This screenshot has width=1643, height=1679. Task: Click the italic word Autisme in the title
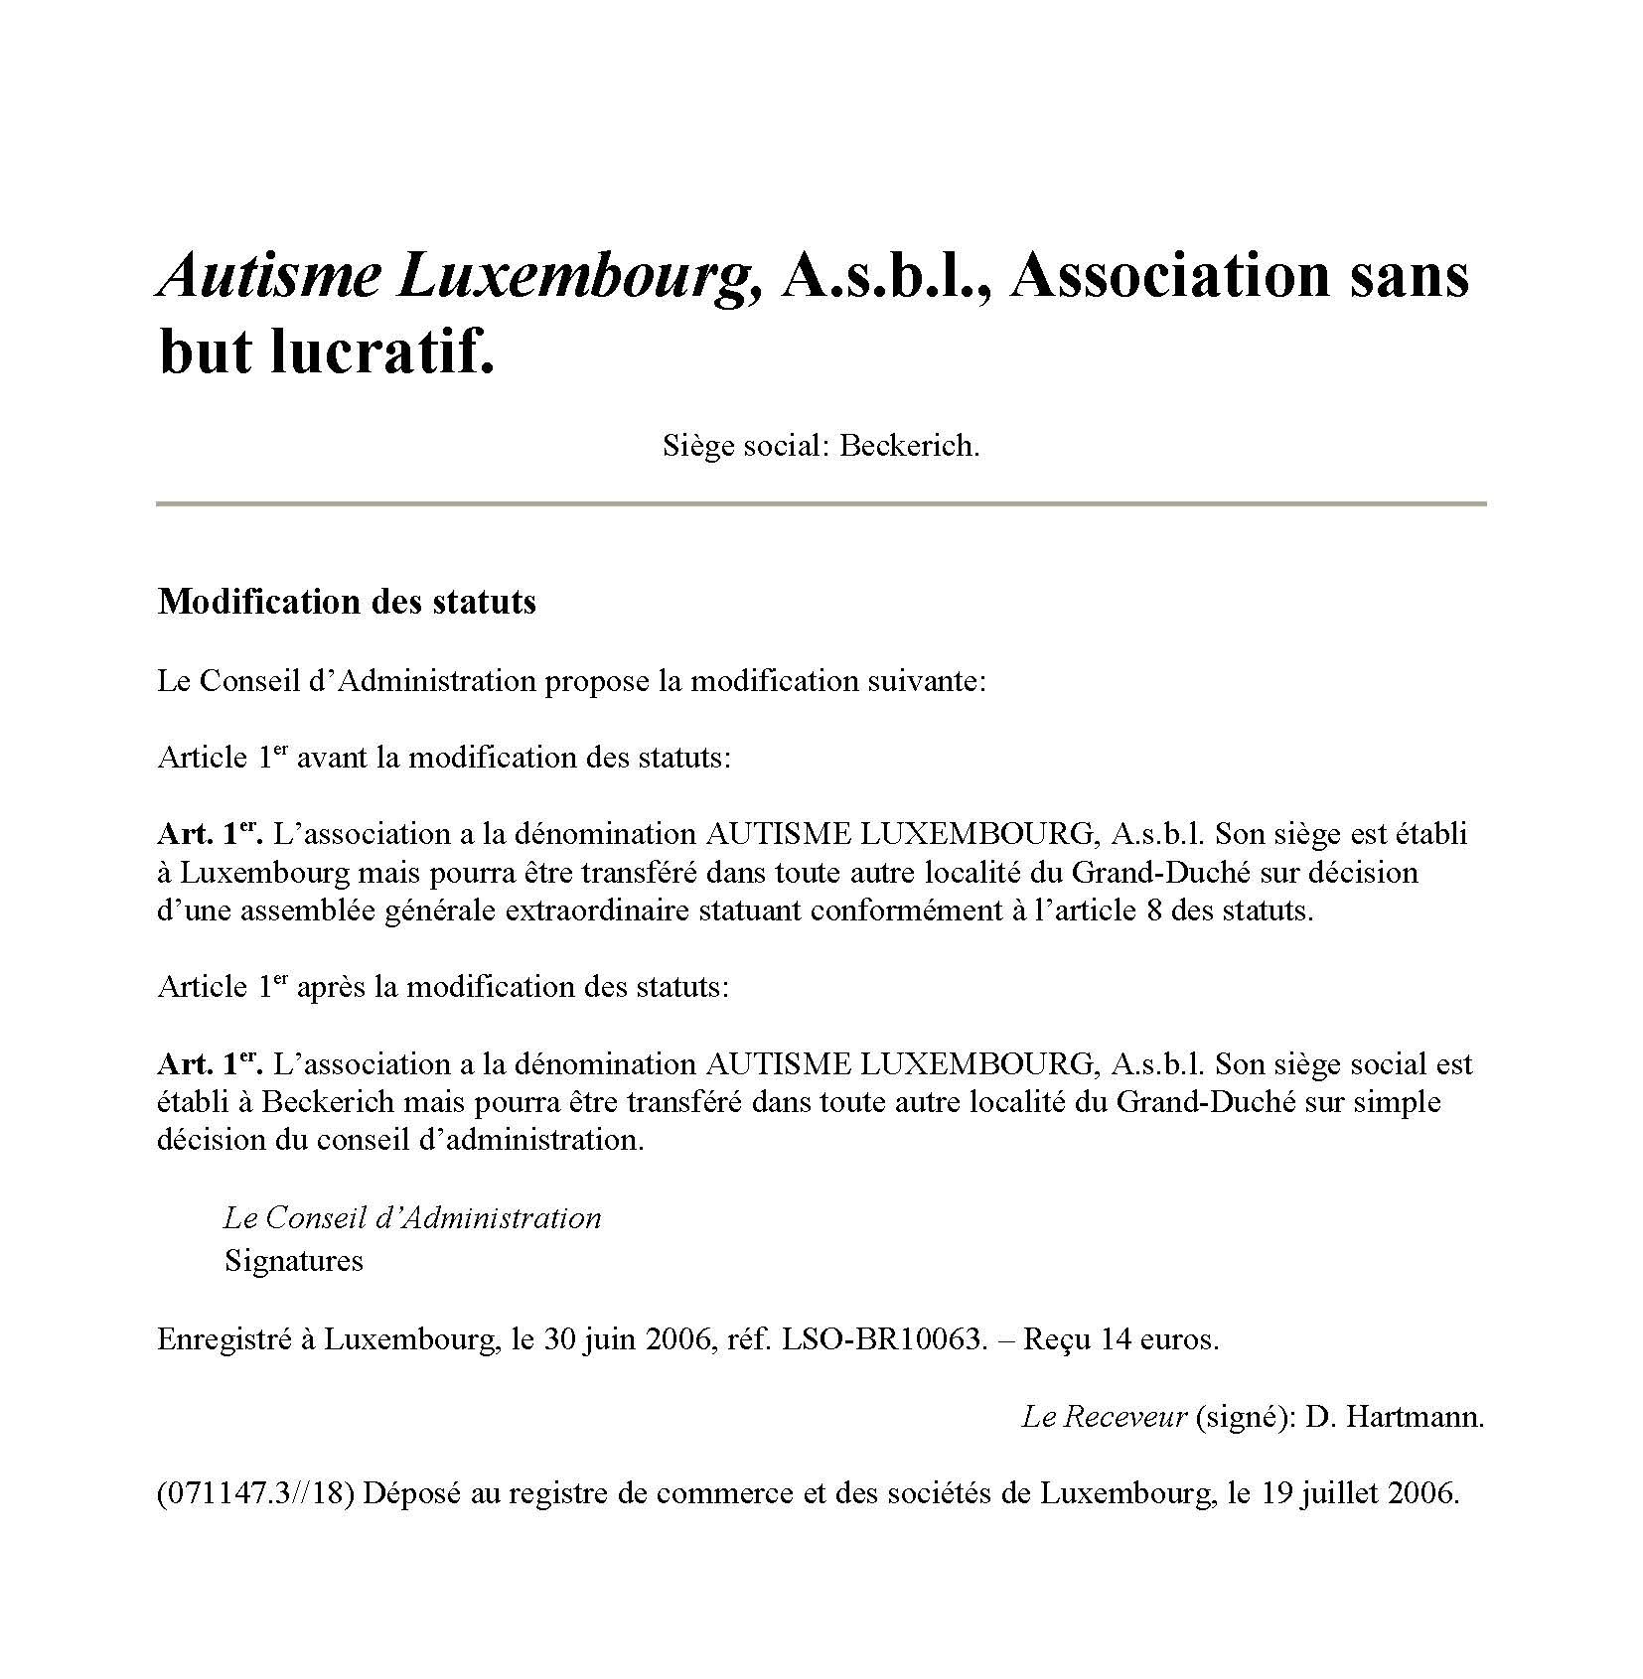point(268,275)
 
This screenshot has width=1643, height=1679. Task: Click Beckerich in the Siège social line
point(909,446)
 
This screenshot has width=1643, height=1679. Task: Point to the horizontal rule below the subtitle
point(821,504)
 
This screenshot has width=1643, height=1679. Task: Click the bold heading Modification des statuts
point(347,602)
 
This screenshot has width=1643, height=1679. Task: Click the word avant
point(333,759)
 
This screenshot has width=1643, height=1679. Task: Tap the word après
point(332,987)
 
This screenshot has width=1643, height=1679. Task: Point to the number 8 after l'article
point(1153,910)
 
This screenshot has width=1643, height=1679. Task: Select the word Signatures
point(294,1261)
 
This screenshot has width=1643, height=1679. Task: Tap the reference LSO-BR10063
point(885,1339)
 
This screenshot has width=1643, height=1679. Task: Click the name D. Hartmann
point(1395,1417)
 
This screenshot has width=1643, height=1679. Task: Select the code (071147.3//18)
point(256,1494)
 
